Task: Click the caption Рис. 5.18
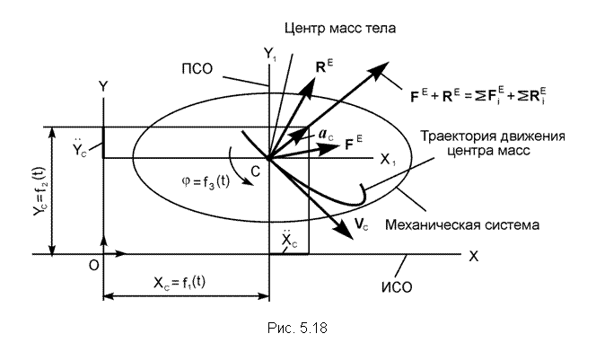coord(297,328)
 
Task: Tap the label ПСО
coord(197,69)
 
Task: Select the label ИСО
coord(397,287)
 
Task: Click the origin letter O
coord(94,266)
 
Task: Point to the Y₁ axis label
coord(270,55)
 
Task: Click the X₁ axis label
coord(388,160)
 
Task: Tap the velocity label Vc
coord(362,224)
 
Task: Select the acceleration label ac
coord(325,135)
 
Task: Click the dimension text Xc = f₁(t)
coord(180,283)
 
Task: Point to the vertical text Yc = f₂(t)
coord(39,192)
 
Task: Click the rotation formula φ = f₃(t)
coord(206,182)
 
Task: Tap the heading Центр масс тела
coord(340,28)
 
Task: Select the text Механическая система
coord(462,224)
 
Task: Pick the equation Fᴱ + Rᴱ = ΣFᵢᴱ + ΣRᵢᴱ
coord(478,95)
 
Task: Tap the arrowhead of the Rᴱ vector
coord(310,83)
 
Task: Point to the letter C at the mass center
coord(256,171)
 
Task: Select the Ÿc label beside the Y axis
coord(80,149)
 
